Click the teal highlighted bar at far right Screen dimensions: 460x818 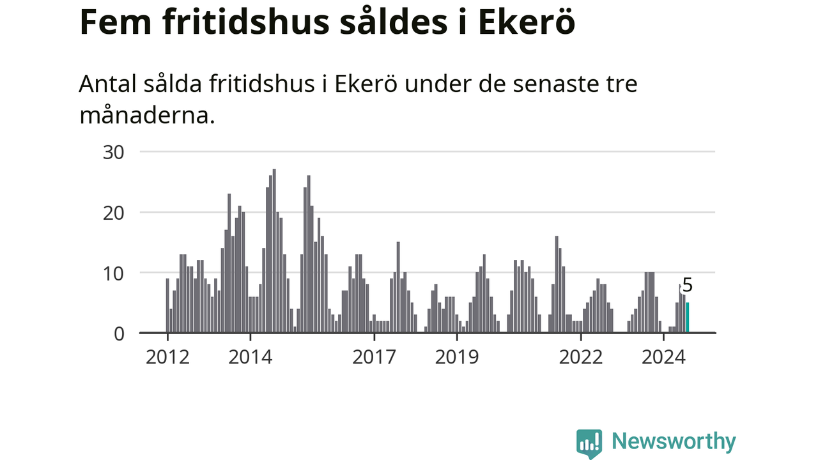(x=688, y=318)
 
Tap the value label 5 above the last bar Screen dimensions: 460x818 (x=688, y=286)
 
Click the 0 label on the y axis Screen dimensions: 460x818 (x=118, y=333)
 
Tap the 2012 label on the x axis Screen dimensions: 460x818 (x=167, y=356)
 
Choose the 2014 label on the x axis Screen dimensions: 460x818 (x=251, y=356)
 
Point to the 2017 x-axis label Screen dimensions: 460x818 (x=374, y=356)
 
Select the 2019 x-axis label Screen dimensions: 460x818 (x=457, y=356)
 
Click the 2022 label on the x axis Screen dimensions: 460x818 (x=581, y=356)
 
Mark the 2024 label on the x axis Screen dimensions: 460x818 (x=663, y=356)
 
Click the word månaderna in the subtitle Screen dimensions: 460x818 (x=146, y=115)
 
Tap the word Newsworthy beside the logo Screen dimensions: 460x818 (x=674, y=441)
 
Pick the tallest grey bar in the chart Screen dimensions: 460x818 (x=274, y=251)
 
